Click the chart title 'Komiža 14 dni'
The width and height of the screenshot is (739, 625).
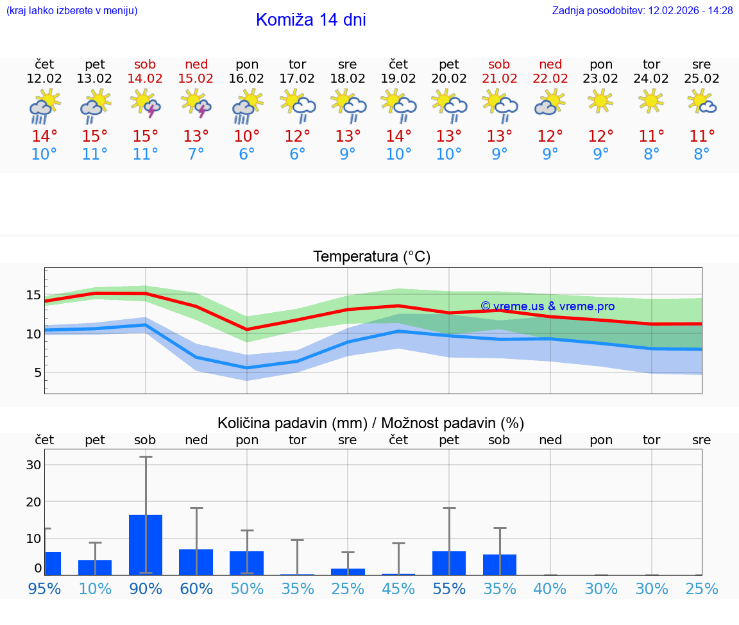[310, 20]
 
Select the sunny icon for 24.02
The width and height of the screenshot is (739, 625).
[651, 101]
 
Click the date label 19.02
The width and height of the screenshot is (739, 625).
[398, 79]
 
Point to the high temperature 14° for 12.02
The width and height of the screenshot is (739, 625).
[44, 136]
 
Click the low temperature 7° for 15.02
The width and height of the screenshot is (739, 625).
[196, 154]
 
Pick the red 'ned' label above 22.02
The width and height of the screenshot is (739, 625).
[550, 64]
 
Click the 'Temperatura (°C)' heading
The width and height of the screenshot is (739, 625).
[371, 257]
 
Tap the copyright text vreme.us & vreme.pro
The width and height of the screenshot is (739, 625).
[547, 306]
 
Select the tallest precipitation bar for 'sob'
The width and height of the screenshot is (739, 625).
[146, 544]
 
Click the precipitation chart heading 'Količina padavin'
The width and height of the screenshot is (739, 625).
[371, 423]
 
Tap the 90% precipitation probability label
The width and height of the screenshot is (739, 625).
[146, 589]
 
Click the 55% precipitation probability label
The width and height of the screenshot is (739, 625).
[449, 589]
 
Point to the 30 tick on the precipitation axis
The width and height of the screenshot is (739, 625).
[33, 465]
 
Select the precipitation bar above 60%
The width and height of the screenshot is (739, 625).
[196, 562]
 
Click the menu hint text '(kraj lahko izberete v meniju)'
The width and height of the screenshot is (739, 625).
[72, 10]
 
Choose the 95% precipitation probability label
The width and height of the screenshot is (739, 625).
[44, 589]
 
